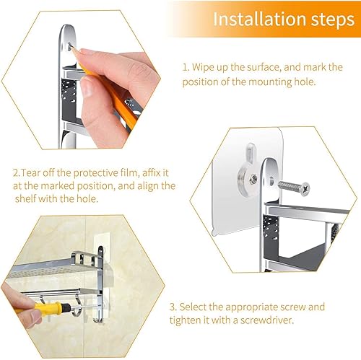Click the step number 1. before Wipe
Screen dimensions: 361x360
point(186,67)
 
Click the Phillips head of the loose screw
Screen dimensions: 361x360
point(305,188)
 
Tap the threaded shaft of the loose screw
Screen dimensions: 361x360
point(289,186)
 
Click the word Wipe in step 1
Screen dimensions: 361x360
point(203,68)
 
